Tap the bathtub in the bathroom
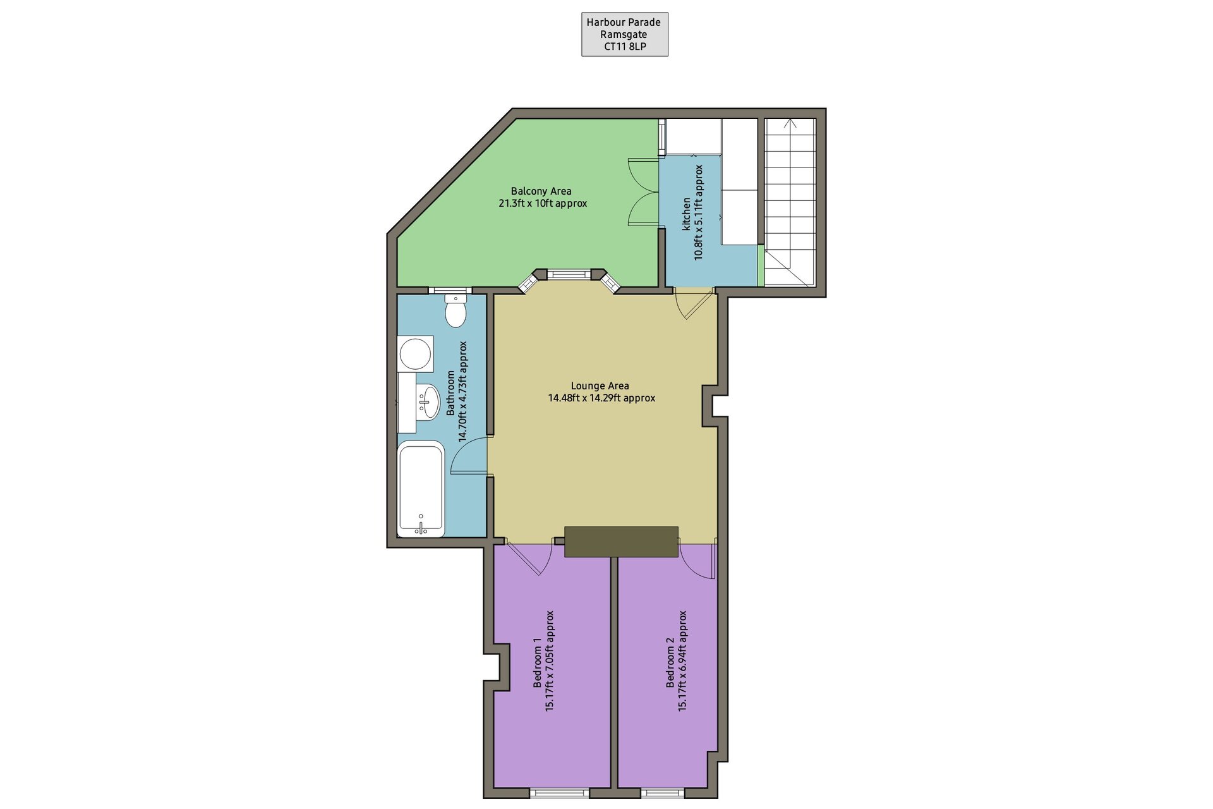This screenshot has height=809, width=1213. (x=421, y=489)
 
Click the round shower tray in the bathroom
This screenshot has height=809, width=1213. (x=416, y=354)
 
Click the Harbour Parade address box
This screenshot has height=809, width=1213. (x=625, y=35)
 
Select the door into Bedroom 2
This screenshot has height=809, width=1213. (x=698, y=560)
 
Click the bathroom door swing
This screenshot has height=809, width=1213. (x=469, y=454)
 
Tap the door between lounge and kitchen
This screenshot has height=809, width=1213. (x=694, y=303)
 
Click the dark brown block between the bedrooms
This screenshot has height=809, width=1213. (x=621, y=542)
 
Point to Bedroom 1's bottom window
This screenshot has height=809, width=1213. (x=559, y=793)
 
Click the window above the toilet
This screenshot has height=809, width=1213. (x=450, y=291)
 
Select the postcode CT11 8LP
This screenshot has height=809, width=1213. (x=625, y=47)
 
